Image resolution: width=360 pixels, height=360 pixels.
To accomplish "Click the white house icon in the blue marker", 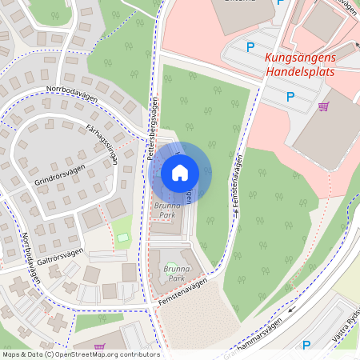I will coord(180,173).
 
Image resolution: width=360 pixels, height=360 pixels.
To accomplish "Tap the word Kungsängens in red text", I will coord(300,58).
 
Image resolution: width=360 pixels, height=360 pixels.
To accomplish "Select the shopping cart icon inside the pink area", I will coord(323,106).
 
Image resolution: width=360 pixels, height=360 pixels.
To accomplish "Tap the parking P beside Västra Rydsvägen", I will coord(306,346).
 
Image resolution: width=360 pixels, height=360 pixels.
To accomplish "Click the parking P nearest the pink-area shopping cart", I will coord(290,97).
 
